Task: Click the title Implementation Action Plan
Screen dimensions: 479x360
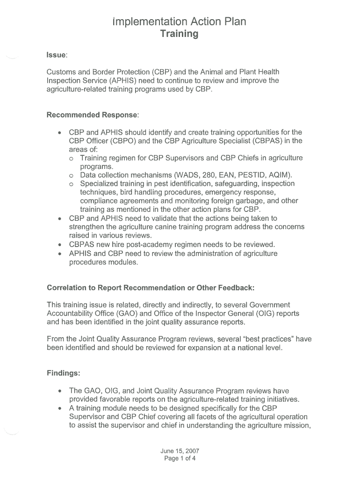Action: pos(180,22)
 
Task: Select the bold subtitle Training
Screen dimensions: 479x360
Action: pos(180,34)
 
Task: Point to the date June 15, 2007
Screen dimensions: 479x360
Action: pos(180,451)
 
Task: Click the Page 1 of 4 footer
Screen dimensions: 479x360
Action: pos(180,458)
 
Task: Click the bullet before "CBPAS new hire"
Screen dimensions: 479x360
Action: pos(60,245)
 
